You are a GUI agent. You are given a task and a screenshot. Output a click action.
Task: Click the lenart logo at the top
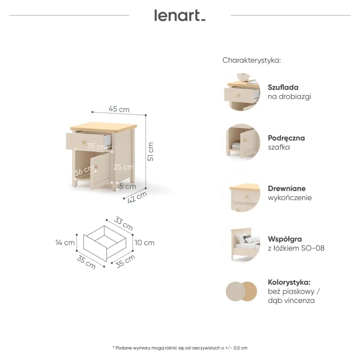click(x=180, y=15)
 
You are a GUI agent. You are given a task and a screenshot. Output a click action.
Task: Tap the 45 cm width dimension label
click(x=119, y=109)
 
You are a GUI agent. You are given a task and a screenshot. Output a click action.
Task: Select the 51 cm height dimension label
click(x=150, y=152)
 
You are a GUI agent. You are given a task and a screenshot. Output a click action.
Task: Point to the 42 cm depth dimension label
click(x=137, y=197)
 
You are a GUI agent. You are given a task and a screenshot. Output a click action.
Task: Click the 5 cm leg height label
click(x=128, y=186)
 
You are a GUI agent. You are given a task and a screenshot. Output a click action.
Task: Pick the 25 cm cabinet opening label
click(x=123, y=167)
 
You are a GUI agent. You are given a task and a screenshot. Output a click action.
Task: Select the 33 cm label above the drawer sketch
click(x=123, y=224)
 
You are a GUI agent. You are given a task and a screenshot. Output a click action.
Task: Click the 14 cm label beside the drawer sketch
click(x=65, y=242)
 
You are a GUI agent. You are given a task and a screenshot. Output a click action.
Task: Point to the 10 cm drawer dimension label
click(x=144, y=243)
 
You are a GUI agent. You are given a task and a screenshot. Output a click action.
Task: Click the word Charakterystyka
click(x=252, y=60)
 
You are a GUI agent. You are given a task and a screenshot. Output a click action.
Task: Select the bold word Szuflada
click(x=283, y=87)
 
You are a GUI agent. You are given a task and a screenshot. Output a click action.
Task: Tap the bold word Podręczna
click(x=286, y=138)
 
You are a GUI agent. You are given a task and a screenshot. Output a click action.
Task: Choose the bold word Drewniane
click(x=287, y=189)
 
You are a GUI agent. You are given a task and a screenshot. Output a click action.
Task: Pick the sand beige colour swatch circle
click(x=235, y=292)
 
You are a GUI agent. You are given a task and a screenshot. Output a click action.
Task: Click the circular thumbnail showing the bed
click(x=241, y=244)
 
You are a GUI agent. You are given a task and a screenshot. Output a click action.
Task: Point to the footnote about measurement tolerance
click(x=180, y=348)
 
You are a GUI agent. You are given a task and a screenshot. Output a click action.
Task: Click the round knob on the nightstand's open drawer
click(x=84, y=143)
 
